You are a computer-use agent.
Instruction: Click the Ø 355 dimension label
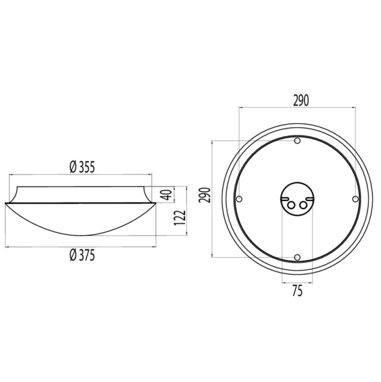(x=82, y=167)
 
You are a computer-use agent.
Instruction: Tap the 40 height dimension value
(x=167, y=195)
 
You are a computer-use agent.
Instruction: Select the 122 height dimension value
(x=180, y=218)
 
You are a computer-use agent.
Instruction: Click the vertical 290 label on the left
(x=204, y=195)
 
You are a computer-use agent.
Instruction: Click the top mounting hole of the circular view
(x=297, y=140)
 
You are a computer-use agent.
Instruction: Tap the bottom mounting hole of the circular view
(x=297, y=257)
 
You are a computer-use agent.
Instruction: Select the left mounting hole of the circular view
(x=239, y=199)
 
